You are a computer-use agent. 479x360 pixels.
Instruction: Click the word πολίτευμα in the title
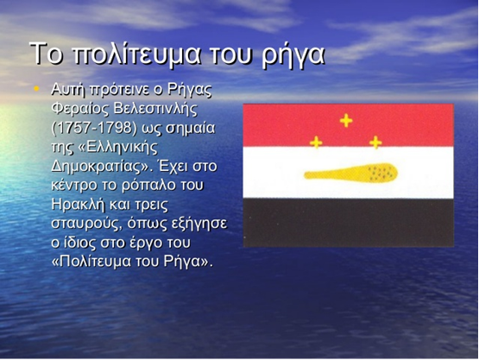136,54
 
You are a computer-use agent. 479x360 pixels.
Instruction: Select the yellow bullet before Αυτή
36,89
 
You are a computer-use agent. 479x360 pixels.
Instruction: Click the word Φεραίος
79,109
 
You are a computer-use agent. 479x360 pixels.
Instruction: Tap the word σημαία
191,129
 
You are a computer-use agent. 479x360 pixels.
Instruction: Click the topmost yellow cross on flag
346,120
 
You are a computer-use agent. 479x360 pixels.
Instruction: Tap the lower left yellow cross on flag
316,142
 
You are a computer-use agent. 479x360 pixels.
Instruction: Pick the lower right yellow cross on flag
375,142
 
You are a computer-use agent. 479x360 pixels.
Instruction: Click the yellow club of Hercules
350,173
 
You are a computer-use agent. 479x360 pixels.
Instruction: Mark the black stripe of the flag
349,223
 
